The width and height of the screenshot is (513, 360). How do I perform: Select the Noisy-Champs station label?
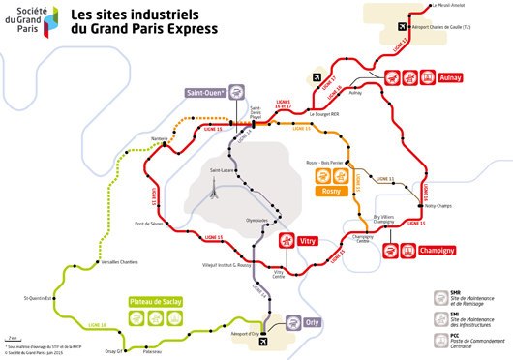(437, 206)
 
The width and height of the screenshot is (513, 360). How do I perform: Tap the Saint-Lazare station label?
(224, 170)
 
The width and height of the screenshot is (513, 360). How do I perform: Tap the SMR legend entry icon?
(453, 291)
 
